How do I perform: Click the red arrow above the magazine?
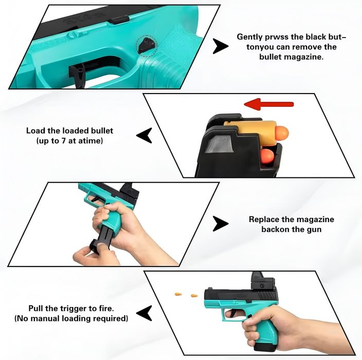[268, 105]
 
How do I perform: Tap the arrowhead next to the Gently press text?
[221, 47]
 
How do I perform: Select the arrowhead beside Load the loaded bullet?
[144, 135]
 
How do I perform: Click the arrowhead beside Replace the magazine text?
[221, 224]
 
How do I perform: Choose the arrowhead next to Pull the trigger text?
[144, 312]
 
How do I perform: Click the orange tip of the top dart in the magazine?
[282, 133]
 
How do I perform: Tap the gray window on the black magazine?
[219, 148]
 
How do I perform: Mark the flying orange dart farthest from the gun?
[178, 293]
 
